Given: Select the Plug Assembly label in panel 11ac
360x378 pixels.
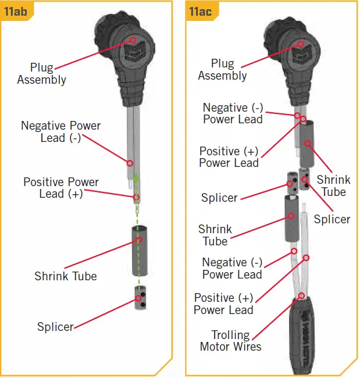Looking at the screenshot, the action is tap(222, 69).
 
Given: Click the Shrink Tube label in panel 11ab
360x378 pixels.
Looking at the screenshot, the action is tap(65, 276).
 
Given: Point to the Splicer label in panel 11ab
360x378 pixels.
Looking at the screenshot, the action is tap(55, 326).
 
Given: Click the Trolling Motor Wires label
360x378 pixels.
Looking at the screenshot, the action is tap(230, 341).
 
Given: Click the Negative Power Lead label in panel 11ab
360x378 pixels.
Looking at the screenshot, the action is tap(60, 132).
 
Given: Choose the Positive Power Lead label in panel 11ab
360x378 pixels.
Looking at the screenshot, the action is tap(61, 188).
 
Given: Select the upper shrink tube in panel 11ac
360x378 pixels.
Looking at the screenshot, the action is tap(307, 143).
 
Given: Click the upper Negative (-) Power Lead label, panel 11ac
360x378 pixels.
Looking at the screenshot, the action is tap(233, 113).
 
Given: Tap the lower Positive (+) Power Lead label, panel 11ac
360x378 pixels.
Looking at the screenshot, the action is tap(224, 304).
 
